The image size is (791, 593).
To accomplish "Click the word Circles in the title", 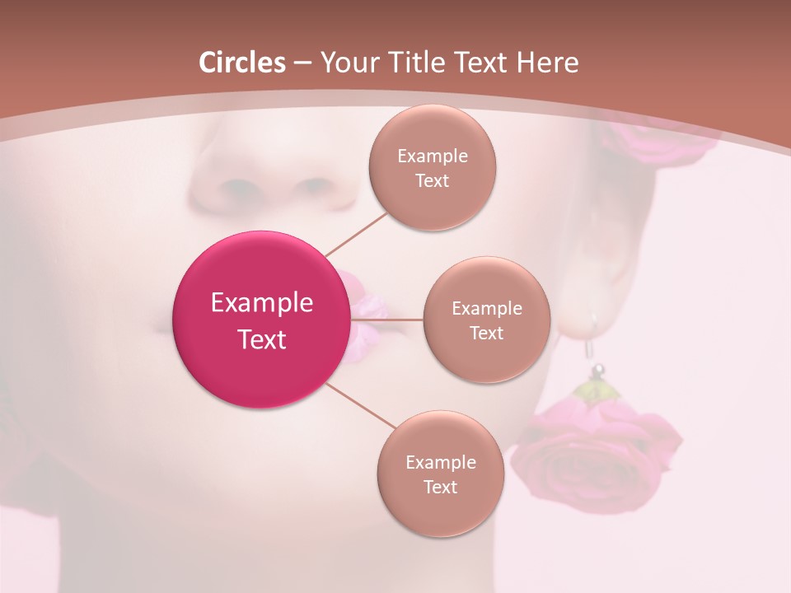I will [241, 63].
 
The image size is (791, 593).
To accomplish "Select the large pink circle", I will [261, 320].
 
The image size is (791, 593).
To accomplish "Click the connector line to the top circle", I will [357, 232].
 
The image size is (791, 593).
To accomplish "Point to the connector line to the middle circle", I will [387, 320].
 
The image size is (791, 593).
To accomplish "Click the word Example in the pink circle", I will [261, 302].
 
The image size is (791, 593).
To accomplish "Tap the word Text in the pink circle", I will [261, 339].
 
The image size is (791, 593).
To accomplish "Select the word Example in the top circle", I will [432, 156].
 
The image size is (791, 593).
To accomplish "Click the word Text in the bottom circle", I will [440, 487].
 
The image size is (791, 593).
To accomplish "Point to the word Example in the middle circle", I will [486, 308].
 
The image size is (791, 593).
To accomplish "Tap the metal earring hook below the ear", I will [592, 342].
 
